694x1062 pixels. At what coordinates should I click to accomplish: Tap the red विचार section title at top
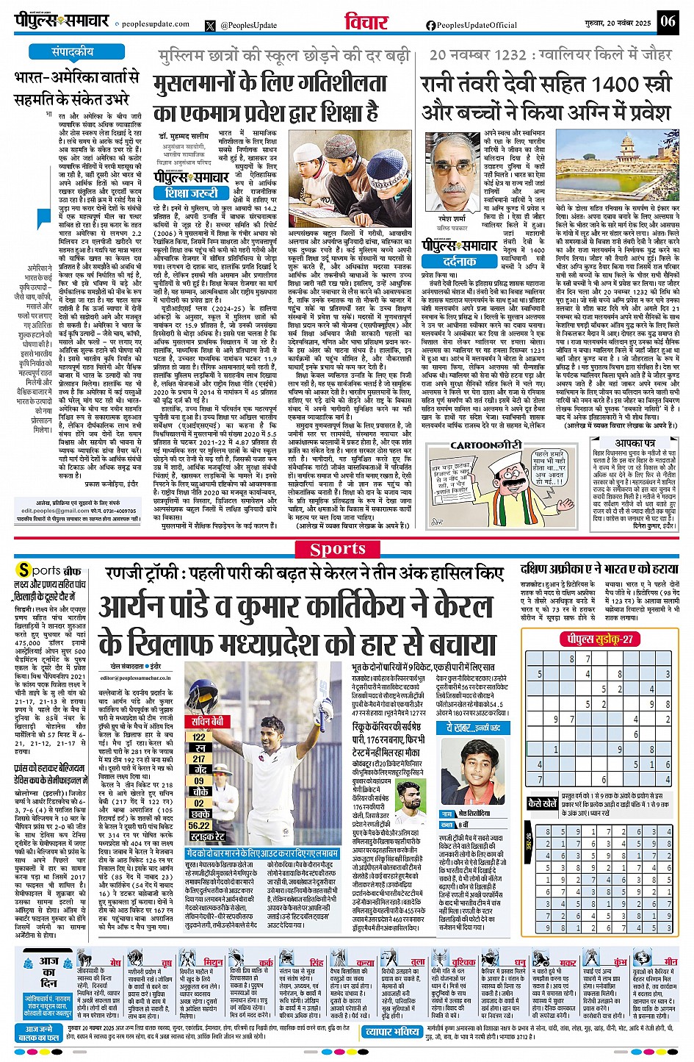366,22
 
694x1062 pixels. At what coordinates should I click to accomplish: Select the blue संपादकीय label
72,52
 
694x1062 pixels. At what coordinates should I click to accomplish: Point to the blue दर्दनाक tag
460,261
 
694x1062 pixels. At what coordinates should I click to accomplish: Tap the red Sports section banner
338,549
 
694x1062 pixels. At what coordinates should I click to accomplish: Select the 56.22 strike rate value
200,825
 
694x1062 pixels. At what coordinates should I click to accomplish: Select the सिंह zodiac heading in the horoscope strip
316,961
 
